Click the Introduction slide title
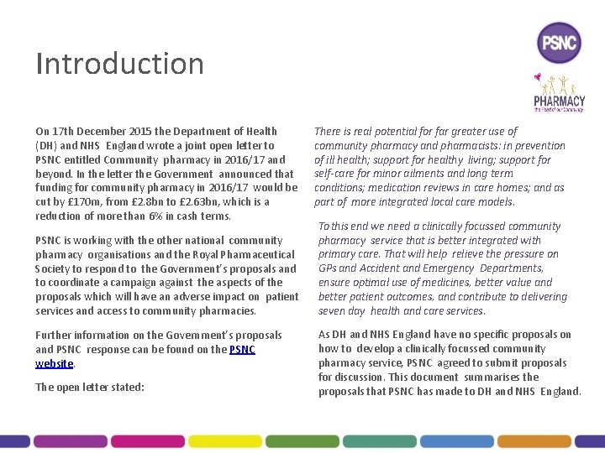tap(119, 64)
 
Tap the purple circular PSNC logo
tap(558, 42)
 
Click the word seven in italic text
tap(330, 311)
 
